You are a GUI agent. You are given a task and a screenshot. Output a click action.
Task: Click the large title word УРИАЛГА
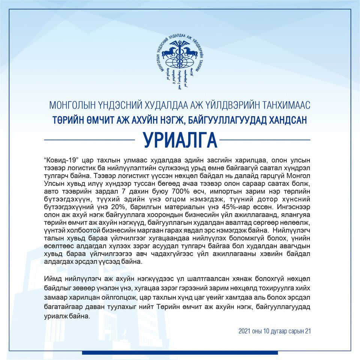[x=180, y=140]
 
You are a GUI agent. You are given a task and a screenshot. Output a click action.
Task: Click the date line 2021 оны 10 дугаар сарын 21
[x=274, y=331]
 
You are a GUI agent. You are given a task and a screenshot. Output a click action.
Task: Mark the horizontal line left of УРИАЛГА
[x=90, y=139]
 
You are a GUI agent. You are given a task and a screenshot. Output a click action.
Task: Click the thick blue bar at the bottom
[x=180, y=352]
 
